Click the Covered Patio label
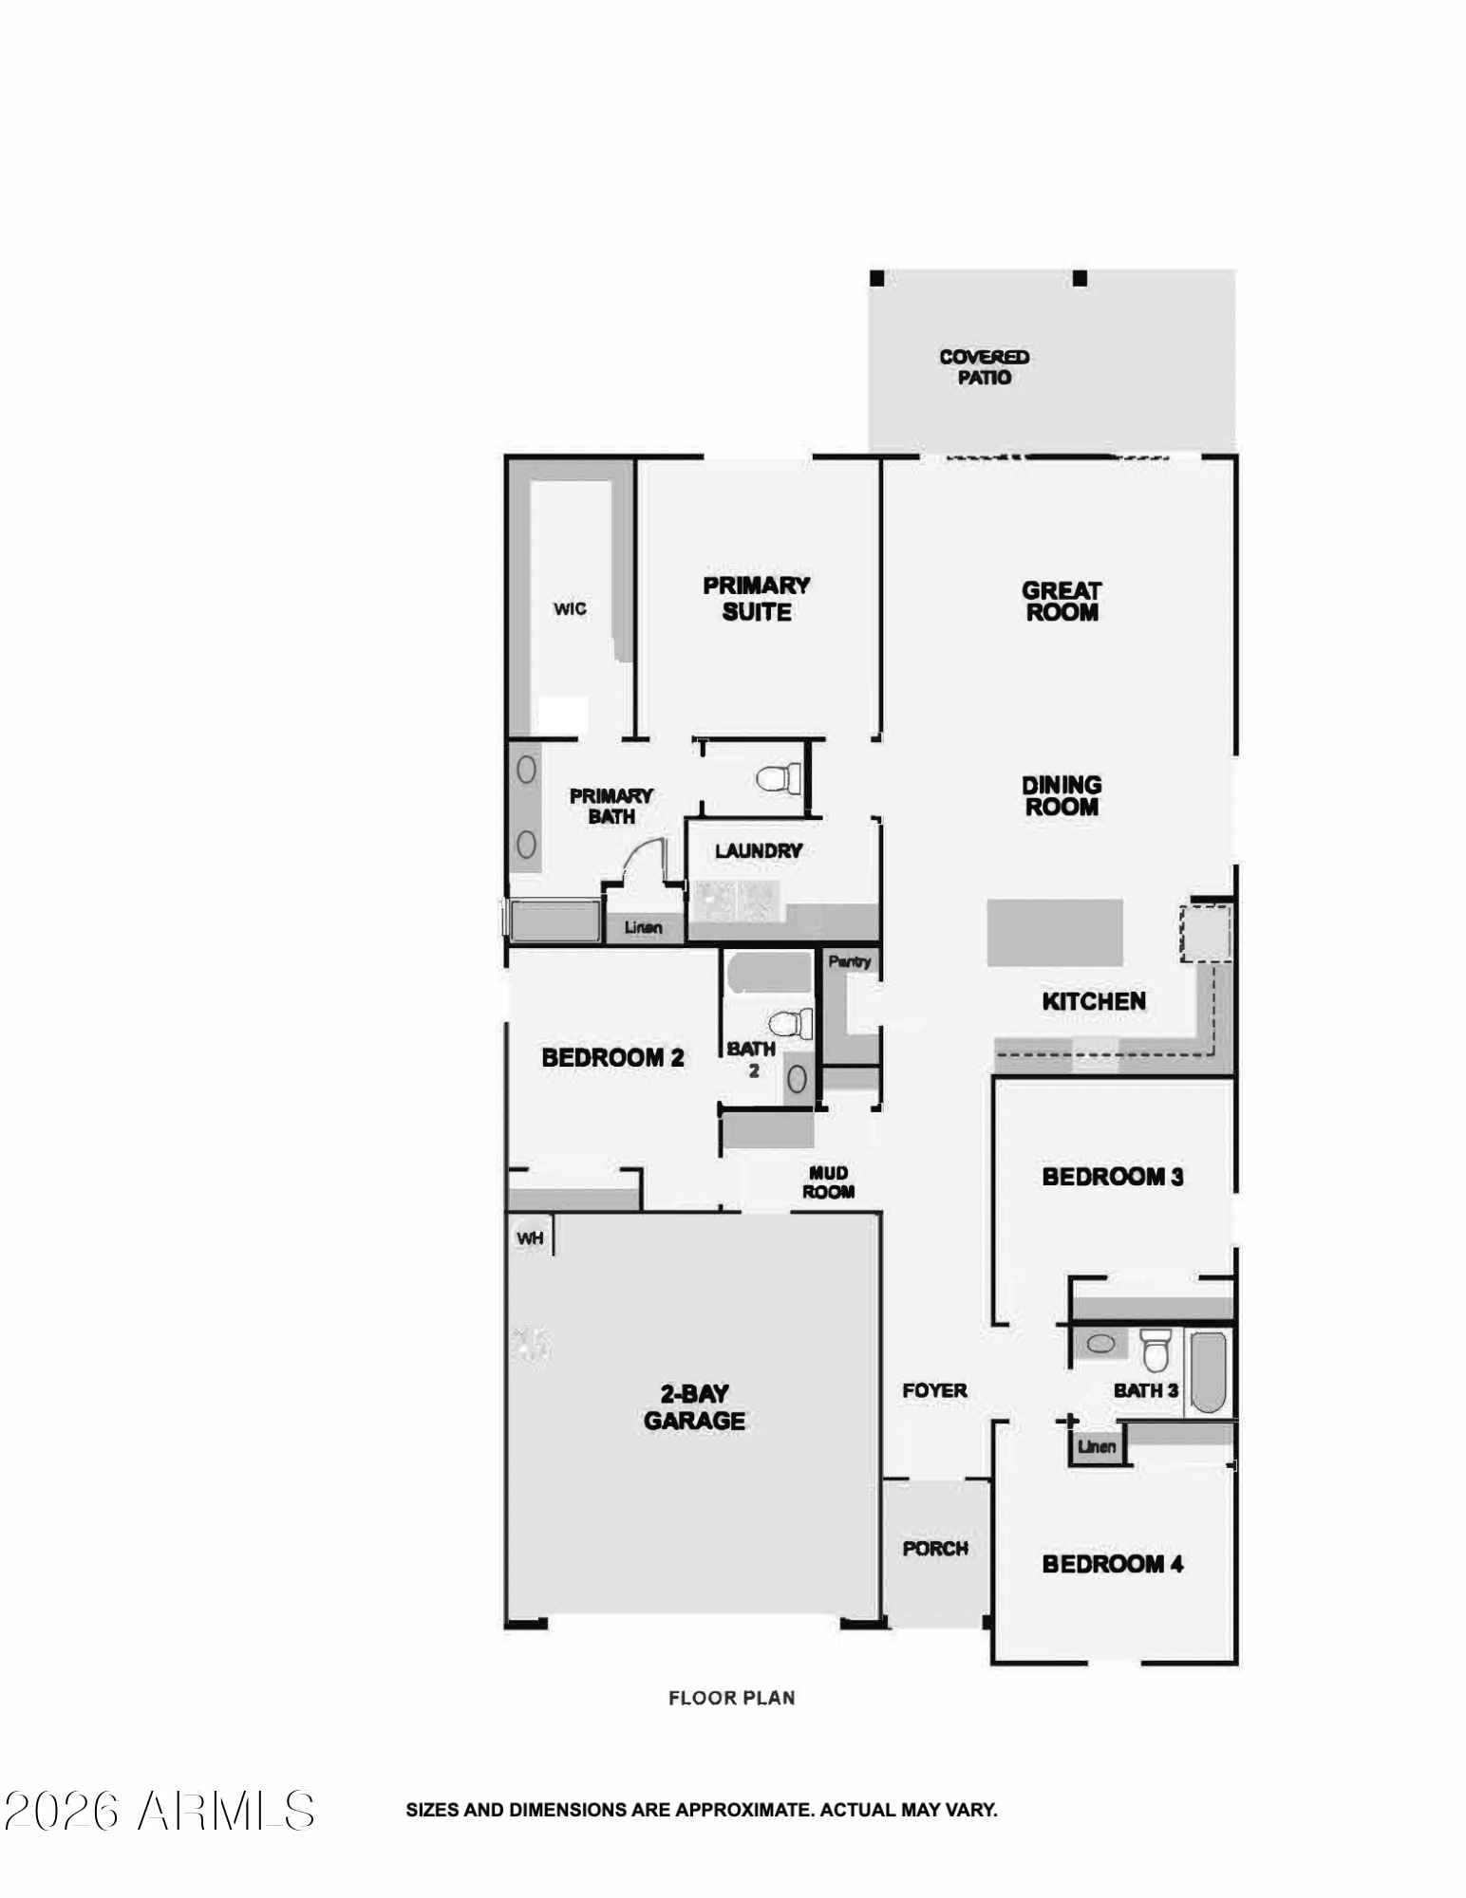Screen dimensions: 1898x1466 pyautogui.click(x=984, y=367)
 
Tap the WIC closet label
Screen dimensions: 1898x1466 pyautogui.click(x=570, y=609)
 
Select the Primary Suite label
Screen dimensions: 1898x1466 pyautogui.click(x=757, y=599)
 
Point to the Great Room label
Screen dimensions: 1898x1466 pyautogui.click(x=1062, y=602)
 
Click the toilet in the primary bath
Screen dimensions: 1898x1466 pyautogui.click(x=780, y=779)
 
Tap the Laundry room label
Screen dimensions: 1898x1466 pyautogui.click(x=759, y=851)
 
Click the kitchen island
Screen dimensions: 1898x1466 pyautogui.click(x=1055, y=932)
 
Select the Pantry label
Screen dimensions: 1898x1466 pyautogui.click(x=849, y=961)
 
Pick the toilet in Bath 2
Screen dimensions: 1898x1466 pyautogui.click(x=792, y=1023)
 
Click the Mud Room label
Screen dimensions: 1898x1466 pyautogui.click(x=828, y=1182)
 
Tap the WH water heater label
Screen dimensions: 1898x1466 pyautogui.click(x=530, y=1238)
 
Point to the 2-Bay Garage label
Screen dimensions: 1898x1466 pyautogui.click(x=694, y=1407)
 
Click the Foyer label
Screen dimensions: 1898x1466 pyautogui.click(x=934, y=1390)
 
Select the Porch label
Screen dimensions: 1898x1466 pyautogui.click(x=935, y=1548)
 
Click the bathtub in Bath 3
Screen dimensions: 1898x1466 pyautogui.click(x=1208, y=1371)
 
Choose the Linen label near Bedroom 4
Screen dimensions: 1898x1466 pyautogui.click(x=1097, y=1446)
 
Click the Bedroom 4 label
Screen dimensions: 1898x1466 pyautogui.click(x=1112, y=1564)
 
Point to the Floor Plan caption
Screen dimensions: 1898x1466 pyautogui.click(x=731, y=1698)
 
